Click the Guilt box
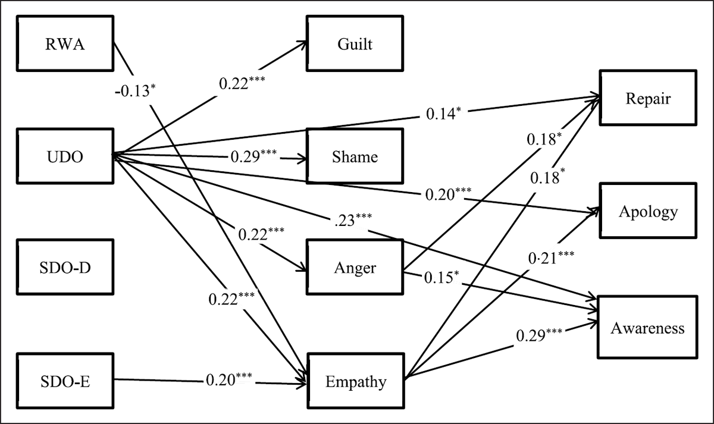[355, 45]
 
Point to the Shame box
[355, 156]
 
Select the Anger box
[355, 268]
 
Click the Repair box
[647, 98]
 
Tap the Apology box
[647, 211]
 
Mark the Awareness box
[647, 327]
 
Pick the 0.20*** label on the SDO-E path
[231, 378]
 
